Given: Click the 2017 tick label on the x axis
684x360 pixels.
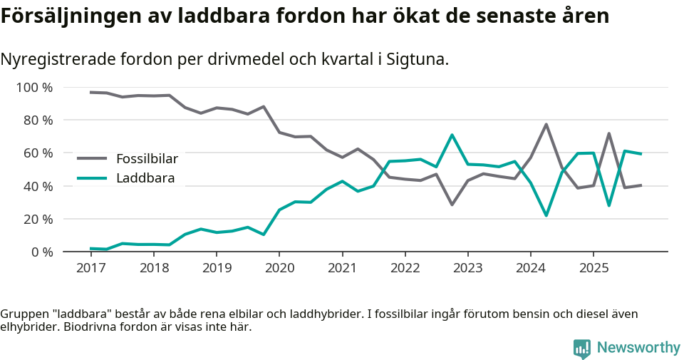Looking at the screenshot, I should (x=90, y=268).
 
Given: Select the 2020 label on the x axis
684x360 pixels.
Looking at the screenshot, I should (x=279, y=268).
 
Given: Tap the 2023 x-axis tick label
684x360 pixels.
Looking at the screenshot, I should (x=467, y=268).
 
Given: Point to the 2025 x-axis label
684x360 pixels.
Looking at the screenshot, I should (x=594, y=268).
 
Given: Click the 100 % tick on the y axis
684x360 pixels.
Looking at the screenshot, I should (x=35, y=88).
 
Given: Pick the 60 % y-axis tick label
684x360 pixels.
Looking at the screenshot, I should (x=38, y=153).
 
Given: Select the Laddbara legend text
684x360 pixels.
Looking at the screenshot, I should (x=145, y=178).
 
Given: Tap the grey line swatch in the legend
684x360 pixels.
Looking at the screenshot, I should (x=92, y=158).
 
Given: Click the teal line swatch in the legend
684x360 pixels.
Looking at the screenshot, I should (x=92, y=178).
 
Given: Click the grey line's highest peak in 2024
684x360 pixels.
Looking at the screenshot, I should (x=546, y=124).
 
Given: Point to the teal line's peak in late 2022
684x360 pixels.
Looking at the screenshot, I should (x=452, y=135).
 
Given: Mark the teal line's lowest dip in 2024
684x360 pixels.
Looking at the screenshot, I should (x=546, y=215).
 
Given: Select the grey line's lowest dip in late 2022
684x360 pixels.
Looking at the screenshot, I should (x=452, y=205).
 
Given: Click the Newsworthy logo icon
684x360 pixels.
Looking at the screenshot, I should (x=582, y=348).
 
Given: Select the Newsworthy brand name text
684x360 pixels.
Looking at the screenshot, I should (x=638, y=348).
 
